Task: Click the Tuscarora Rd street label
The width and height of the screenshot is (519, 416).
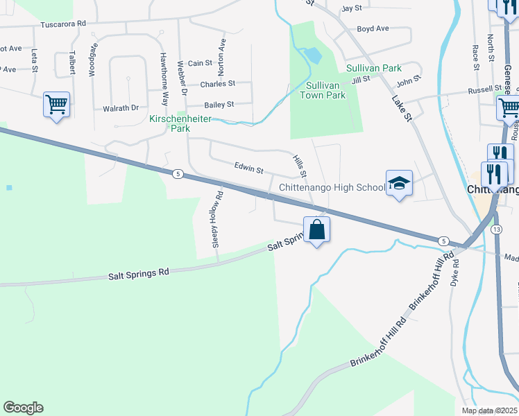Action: pyautogui.click(x=63, y=24)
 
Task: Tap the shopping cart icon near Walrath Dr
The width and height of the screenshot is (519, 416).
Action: pyautogui.click(x=57, y=105)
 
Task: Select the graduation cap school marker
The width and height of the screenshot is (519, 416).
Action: pyautogui.click(x=399, y=184)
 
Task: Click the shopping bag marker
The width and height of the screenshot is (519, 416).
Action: pyautogui.click(x=316, y=229)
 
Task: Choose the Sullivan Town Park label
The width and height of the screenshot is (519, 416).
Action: pyautogui.click(x=316, y=90)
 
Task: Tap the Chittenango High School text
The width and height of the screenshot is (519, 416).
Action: pyautogui.click(x=332, y=187)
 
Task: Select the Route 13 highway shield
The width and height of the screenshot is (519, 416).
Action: pyautogui.click(x=495, y=229)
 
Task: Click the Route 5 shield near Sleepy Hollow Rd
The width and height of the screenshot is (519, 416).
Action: pyautogui.click(x=178, y=174)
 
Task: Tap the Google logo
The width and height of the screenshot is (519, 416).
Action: pyautogui.click(x=23, y=408)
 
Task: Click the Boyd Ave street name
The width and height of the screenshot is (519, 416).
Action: pyautogui.click(x=373, y=28)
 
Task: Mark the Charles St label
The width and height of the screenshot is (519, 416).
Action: pyautogui.click(x=217, y=84)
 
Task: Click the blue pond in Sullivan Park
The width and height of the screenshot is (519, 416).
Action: pyautogui.click(x=314, y=55)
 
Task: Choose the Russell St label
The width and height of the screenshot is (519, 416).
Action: pyautogui.click(x=484, y=89)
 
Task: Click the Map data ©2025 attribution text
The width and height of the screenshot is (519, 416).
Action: pyautogui.click(x=488, y=410)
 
